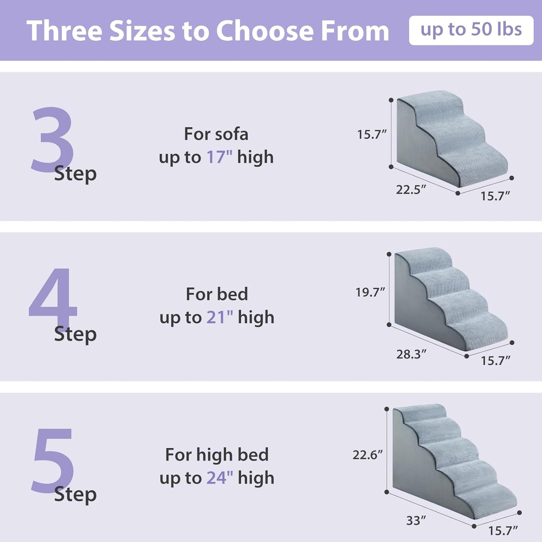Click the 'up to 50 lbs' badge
point(471,30)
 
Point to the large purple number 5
point(53,459)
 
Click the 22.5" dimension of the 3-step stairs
point(411,190)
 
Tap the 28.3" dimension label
point(411,354)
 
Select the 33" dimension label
point(416,521)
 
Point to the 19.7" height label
point(370,292)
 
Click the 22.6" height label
point(368,455)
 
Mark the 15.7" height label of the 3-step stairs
point(371,134)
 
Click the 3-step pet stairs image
point(450,139)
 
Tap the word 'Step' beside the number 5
point(75,494)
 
